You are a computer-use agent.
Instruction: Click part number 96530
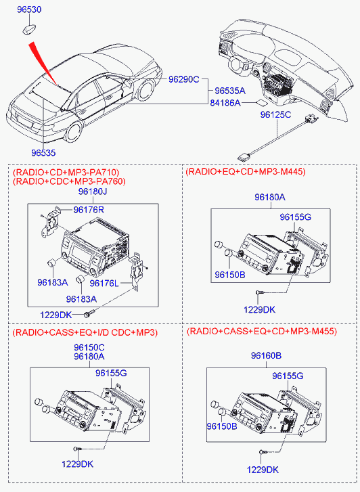pyautogui.click(x=29, y=9)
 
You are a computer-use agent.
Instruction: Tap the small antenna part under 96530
pyautogui.click(x=28, y=29)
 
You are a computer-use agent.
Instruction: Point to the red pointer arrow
pyautogui.click(x=43, y=64)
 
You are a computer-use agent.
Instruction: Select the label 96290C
pyautogui.click(x=183, y=79)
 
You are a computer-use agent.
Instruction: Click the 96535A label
pyautogui.click(x=230, y=91)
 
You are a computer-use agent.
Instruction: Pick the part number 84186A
pyautogui.click(x=225, y=103)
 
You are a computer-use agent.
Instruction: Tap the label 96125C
pyautogui.click(x=275, y=115)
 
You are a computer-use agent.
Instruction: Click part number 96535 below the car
pyautogui.click(x=43, y=153)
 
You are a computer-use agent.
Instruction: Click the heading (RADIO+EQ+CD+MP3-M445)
pyautogui.click(x=246, y=172)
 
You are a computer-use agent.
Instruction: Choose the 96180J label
pyautogui.click(x=93, y=192)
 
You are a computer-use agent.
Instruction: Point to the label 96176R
pyautogui.click(x=89, y=210)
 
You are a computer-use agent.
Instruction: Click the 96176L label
pyautogui.click(x=104, y=284)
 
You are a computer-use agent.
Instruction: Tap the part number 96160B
pyautogui.click(x=266, y=355)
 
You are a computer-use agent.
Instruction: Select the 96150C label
pyautogui.click(x=89, y=348)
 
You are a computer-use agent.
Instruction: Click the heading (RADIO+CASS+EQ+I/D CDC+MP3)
pyautogui.click(x=85, y=332)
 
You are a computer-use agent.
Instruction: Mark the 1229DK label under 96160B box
pyautogui.click(x=263, y=470)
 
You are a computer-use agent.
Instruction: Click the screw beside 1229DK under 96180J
pyautogui.click(x=89, y=313)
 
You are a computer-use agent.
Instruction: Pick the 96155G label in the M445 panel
pyautogui.click(x=295, y=217)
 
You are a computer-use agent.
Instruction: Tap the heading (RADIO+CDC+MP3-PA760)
pyautogui.click(x=69, y=181)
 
